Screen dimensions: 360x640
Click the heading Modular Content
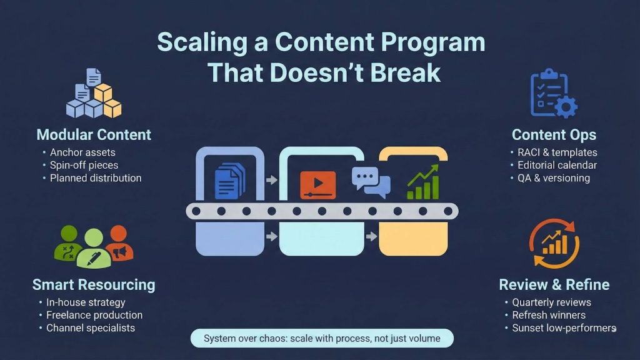(x=94, y=134)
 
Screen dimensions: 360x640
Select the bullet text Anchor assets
(x=82, y=152)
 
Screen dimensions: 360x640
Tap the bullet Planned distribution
(x=96, y=178)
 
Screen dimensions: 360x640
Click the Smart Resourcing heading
(x=94, y=285)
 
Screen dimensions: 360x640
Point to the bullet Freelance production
(x=94, y=315)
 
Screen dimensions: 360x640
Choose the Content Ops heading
(x=554, y=135)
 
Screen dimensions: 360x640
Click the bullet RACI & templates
(x=557, y=152)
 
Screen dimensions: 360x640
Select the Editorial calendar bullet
(x=557, y=166)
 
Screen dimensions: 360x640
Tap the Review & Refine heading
(x=554, y=285)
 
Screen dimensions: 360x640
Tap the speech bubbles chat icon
(x=371, y=182)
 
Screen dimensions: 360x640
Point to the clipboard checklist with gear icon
(x=553, y=94)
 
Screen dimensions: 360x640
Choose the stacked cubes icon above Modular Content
(x=93, y=94)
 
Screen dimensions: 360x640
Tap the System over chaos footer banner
(x=322, y=339)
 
